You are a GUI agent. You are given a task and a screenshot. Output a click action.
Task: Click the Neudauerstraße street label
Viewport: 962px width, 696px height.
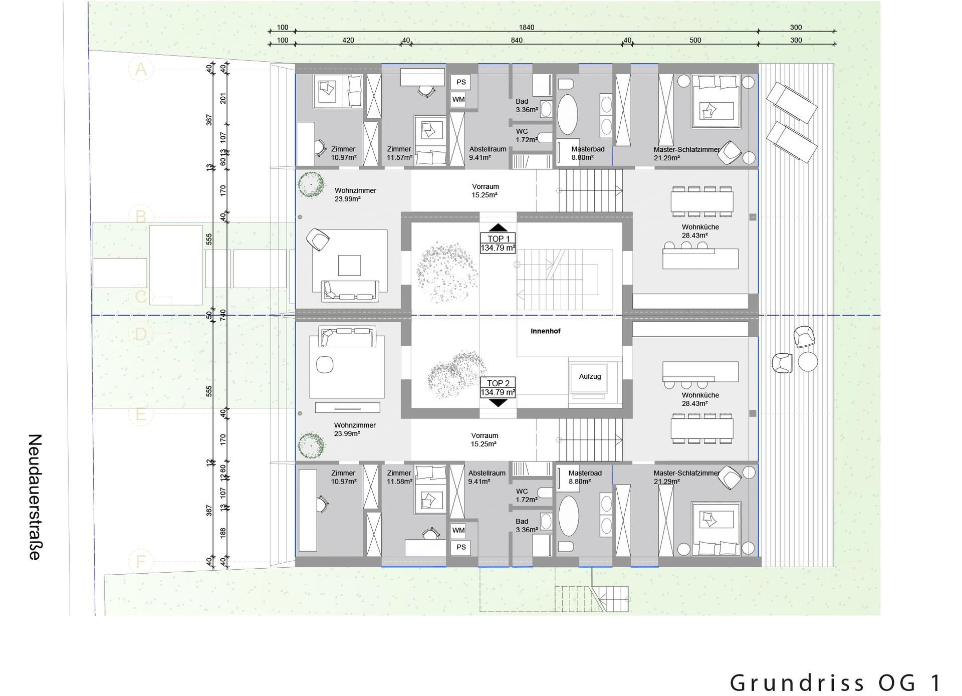coord(34,497)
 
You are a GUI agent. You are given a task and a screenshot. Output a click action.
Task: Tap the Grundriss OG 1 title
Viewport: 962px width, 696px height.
coord(835,682)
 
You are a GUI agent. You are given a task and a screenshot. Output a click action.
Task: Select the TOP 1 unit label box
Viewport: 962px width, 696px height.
coord(498,243)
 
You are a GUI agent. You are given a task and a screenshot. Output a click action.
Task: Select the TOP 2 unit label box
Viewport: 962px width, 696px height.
coord(498,387)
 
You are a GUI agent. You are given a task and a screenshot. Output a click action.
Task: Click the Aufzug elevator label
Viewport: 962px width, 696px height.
coord(590,376)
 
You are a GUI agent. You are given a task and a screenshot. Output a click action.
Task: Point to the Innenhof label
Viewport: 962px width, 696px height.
coord(545,331)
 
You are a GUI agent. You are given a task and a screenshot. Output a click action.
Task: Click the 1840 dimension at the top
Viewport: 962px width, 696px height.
coord(526,28)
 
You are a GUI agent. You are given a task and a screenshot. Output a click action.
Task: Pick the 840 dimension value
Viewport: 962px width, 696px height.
coord(517,40)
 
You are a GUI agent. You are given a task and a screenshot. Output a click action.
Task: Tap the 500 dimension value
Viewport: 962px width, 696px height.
coord(695,40)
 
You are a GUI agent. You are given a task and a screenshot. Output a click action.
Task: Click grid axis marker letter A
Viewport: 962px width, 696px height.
coord(141,69)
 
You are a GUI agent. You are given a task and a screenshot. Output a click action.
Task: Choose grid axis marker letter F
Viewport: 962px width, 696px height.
coord(141,561)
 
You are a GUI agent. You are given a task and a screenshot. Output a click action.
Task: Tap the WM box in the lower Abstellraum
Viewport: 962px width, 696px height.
coord(458,530)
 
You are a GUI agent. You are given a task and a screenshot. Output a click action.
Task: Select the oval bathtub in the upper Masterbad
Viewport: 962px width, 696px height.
coord(568,114)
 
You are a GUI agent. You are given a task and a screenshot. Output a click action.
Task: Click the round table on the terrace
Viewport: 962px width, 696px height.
coord(808,361)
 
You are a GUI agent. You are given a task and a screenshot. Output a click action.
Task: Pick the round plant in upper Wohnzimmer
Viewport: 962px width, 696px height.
coord(311,184)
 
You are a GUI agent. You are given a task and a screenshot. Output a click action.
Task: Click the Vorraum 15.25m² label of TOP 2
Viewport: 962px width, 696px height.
coord(484,439)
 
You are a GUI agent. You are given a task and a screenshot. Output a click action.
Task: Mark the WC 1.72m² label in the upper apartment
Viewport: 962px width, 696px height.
coord(526,135)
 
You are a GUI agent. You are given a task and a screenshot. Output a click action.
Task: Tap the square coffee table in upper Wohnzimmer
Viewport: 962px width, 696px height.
coord(349,266)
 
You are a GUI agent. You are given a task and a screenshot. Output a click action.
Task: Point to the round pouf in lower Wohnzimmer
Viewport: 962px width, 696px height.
coord(325,364)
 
